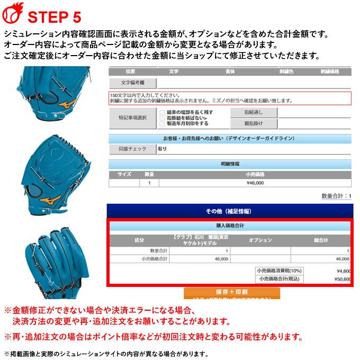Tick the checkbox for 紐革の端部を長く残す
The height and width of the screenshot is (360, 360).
[162, 112]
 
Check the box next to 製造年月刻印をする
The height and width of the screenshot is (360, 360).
[162, 124]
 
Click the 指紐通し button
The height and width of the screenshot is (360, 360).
[253, 112]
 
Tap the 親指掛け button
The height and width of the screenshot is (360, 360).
[253, 123]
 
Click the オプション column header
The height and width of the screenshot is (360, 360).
[260, 240]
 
